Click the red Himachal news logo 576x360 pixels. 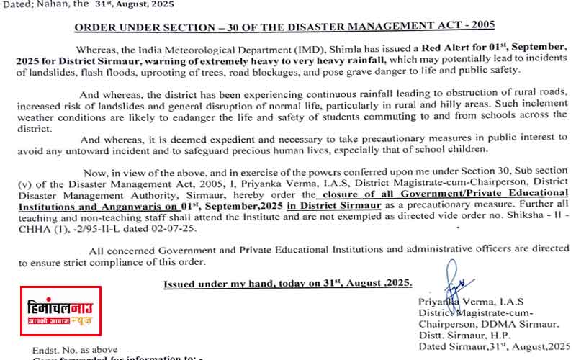[x=60, y=315]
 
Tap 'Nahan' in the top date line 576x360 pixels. [x=61, y=5]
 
